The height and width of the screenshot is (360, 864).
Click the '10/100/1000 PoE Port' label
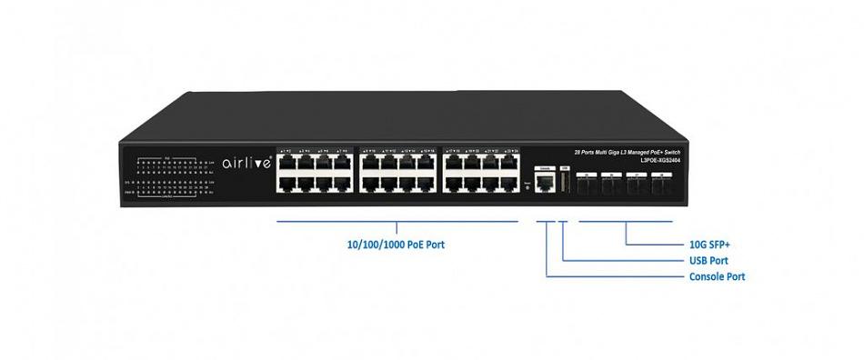[397, 245]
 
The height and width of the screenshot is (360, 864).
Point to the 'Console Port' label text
[718, 276]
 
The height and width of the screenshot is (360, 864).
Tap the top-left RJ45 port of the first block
[286, 162]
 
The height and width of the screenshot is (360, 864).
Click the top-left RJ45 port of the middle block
[370, 162]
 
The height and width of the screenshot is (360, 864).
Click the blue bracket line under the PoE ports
[397, 221]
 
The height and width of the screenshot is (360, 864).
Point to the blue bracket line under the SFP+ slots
[626, 221]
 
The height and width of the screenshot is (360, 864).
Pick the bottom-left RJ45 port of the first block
[286, 183]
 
